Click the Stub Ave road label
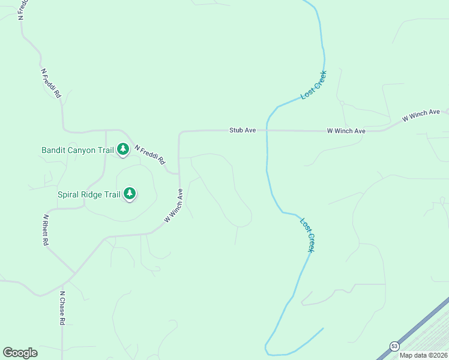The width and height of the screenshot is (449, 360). [x=243, y=130]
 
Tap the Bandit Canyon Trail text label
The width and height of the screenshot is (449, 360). [x=77, y=150]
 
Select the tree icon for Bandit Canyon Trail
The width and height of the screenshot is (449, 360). [x=123, y=149]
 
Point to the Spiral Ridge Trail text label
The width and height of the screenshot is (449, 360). [x=89, y=194]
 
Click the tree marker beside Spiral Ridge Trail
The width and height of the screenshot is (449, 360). [x=130, y=193]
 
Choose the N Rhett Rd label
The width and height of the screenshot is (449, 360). [x=45, y=230]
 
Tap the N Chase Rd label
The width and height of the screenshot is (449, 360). [x=62, y=308]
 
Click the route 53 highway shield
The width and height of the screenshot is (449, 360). [x=394, y=346]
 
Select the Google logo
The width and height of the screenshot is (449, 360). [x=20, y=353]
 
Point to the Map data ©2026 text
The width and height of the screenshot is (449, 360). [x=423, y=355]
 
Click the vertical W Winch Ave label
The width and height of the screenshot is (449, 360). [x=173, y=206]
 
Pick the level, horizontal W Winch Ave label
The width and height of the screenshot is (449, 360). [x=346, y=130]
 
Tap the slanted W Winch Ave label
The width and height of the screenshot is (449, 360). [x=421, y=116]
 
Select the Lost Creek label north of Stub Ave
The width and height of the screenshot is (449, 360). [x=313, y=85]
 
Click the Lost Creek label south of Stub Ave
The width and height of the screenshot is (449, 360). [x=307, y=235]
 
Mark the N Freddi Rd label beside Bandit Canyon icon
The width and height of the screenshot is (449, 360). [x=149, y=155]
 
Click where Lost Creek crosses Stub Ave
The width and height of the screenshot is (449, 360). [x=267, y=130]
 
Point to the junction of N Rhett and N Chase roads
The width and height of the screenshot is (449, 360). [x=75, y=274]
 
